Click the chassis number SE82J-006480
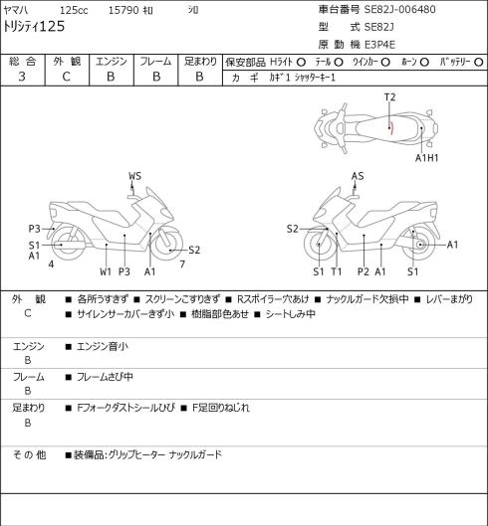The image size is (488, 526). [x=400, y=9]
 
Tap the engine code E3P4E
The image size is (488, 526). [x=379, y=45]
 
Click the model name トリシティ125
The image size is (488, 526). [x=34, y=27]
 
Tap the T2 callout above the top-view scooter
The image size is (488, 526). [x=389, y=97]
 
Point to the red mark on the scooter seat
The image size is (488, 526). [x=391, y=128]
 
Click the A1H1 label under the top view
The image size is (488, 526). [x=427, y=158]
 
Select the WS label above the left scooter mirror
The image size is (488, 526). [x=134, y=176]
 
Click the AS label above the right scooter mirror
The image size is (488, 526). [x=358, y=176]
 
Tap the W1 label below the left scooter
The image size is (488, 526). [x=106, y=271]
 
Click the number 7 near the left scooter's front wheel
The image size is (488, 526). [x=182, y=264]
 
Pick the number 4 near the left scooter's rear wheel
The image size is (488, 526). [x=51, y=264]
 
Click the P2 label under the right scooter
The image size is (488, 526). [x=364, y=271]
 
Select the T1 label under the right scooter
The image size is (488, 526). [x=337, y=271]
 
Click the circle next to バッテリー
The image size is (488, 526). [x=479, y=63]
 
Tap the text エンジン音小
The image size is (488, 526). [x=103, y=346]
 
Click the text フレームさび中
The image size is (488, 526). [x=105, y=377]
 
